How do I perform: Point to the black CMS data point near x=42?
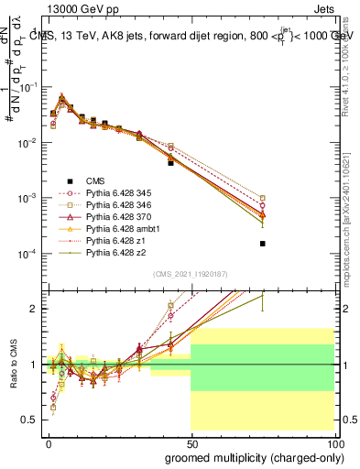tap(170, 162)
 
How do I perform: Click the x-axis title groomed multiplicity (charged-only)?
tap(248, 456)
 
